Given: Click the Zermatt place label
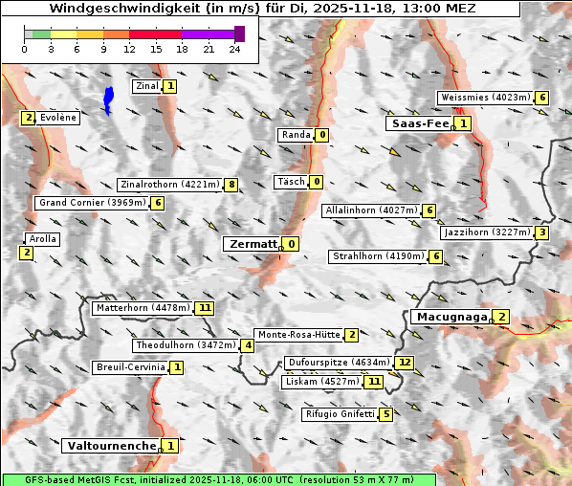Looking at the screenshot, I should pos(252,244).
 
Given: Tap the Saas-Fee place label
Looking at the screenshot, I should pos(418,123).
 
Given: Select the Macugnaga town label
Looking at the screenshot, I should pos(450,317).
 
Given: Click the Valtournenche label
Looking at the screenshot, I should pos(110,446).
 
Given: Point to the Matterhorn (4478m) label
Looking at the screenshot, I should pos(142,308).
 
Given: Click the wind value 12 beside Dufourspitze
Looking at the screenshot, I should pos(405,363).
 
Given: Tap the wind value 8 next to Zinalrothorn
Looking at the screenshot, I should pos(231,184).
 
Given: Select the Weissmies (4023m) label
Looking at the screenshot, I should pos(485,98).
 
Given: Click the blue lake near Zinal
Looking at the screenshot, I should pos(108,99).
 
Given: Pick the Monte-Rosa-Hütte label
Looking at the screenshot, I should pos(299,335).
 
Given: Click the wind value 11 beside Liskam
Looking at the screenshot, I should pos(374,382).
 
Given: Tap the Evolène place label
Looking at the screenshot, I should pos(57,117).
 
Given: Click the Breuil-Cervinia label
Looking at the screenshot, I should pos(130,367).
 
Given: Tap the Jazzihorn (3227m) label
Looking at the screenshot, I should pos(486,232).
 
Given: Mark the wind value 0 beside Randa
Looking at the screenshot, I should pos(322,135).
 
